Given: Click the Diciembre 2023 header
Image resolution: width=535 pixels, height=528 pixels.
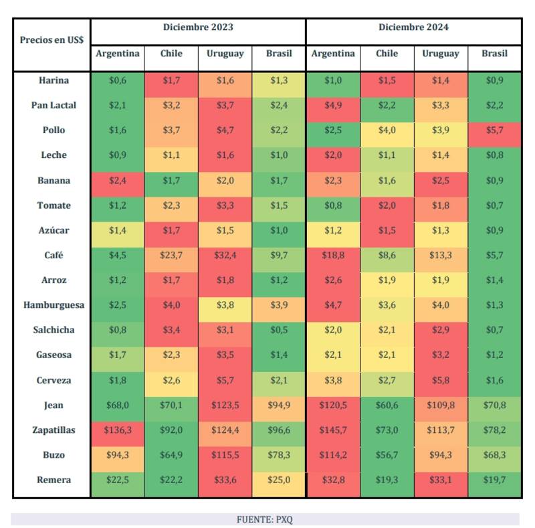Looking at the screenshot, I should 198,27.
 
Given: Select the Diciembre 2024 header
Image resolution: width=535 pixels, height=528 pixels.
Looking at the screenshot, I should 413,27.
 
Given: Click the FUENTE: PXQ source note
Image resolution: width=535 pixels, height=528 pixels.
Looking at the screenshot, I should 265,519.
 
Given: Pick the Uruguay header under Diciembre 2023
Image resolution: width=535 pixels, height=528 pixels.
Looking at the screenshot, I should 225,54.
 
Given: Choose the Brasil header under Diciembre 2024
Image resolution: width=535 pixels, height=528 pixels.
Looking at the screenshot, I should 494,54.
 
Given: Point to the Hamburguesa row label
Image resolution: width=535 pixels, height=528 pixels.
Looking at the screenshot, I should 53,305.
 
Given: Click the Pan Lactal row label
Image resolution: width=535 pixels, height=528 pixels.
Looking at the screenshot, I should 53,105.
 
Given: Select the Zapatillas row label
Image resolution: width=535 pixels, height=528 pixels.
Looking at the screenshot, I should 53,430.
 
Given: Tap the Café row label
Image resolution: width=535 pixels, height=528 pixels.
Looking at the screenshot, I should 53,255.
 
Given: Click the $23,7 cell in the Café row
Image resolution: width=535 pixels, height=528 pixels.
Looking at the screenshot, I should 171,255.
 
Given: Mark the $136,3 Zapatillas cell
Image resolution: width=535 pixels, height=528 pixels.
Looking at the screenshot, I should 117,430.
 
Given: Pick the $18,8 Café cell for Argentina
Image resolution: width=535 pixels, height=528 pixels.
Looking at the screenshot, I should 333,255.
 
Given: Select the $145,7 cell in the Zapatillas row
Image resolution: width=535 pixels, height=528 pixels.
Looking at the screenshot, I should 333,430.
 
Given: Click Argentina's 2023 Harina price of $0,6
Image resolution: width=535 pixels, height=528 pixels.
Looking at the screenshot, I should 117,80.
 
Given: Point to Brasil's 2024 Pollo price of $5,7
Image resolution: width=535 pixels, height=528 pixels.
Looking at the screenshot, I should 494,130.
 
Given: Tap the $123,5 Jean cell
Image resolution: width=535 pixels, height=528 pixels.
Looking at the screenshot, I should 225,405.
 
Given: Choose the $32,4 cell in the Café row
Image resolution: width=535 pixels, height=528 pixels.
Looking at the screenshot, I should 225,255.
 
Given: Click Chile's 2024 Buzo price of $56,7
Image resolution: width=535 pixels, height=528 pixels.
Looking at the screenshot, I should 387,455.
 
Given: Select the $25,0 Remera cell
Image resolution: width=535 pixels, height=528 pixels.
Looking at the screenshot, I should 279,480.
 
